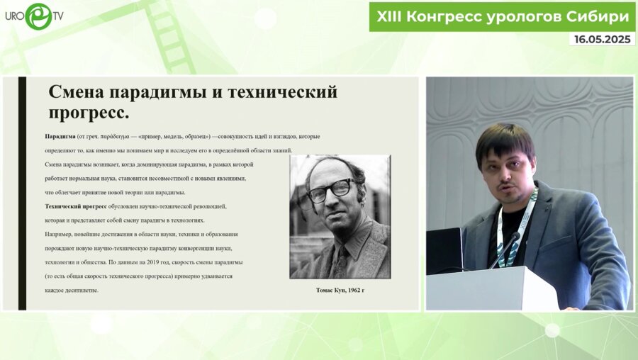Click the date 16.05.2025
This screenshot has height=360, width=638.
tap(601, 40)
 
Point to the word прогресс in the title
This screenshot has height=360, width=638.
tap(89, 113)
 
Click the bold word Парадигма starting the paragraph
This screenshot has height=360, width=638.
tap(60, 136)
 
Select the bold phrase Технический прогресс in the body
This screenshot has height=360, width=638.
tap(76, 206)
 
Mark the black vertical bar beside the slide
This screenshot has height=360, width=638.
tap(22, 193)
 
